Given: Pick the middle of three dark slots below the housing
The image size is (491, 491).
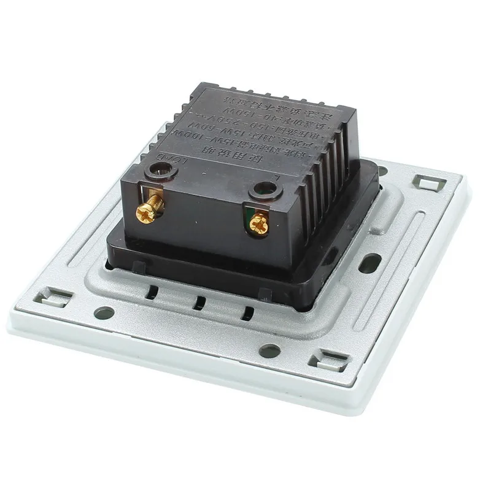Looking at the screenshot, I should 197,303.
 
